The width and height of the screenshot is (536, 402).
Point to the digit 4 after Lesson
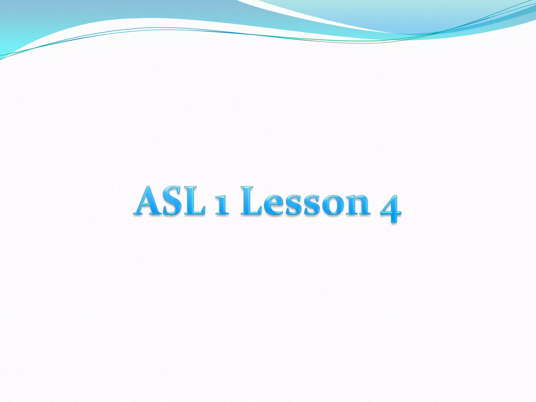391,208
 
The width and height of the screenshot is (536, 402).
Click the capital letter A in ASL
149,201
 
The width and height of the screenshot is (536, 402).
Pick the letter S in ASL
172,201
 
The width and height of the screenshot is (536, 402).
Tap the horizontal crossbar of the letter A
148,206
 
